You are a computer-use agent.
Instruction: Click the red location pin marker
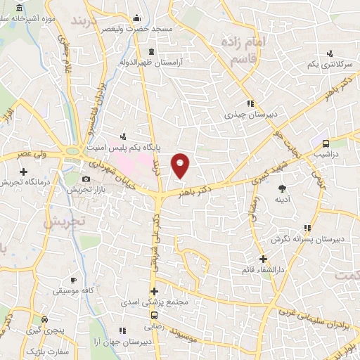[181, 165]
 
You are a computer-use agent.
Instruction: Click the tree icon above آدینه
[282, 188]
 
